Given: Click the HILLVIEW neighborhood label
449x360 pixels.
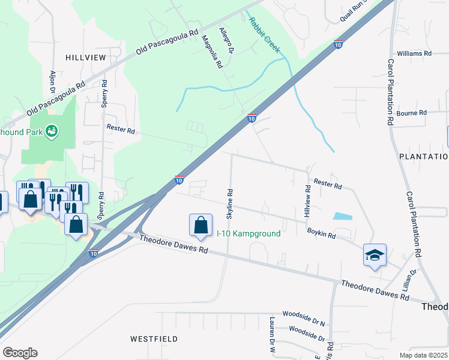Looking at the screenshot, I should pos(87,58).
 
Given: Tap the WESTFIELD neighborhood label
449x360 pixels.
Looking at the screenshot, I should pos(154,339).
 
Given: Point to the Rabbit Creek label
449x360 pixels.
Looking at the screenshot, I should pos(264,35).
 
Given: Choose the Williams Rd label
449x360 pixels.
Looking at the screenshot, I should pos(414,53).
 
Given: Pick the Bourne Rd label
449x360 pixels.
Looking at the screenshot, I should pos(411,113).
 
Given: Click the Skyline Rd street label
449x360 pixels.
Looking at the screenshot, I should pos(230,203).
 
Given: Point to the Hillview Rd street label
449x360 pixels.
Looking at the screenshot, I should pos(308,200).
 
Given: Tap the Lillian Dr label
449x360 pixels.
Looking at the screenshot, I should pos(412,280).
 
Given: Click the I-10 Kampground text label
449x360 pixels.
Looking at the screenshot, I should pos(249,233).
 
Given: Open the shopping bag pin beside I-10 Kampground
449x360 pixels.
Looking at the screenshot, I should pos(200,226).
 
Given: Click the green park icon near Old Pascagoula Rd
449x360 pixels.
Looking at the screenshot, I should pos(52,130).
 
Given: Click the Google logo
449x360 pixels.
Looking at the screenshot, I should pos(20,353).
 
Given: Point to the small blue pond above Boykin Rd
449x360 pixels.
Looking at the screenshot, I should pos(342,216).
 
